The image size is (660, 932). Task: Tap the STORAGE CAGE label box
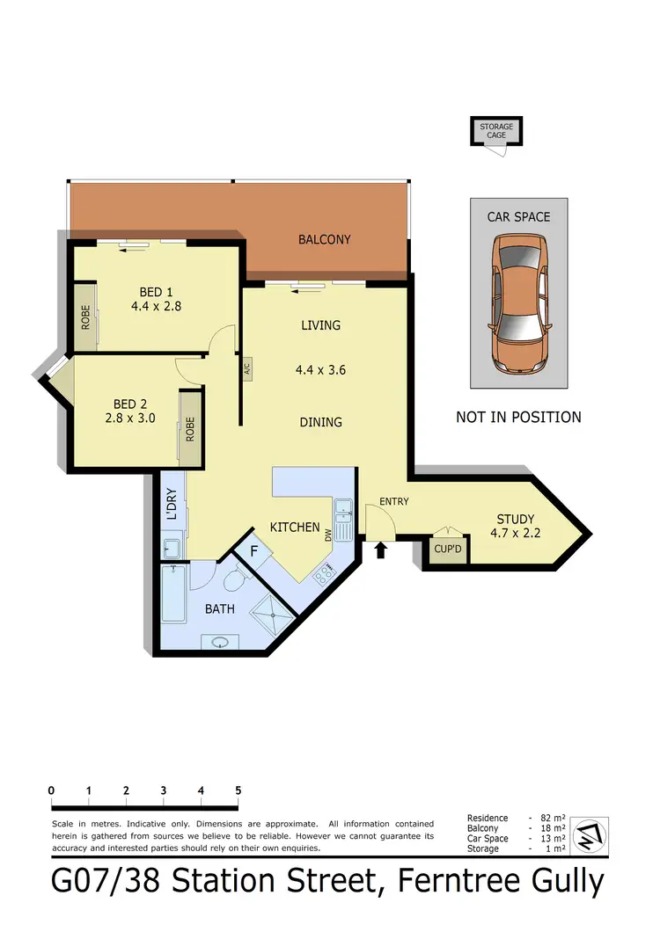click(x=496, y=131)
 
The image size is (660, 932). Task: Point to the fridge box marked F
click(x=254, y=552)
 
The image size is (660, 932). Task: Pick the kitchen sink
click(x=342, y=508)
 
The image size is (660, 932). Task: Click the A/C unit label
click(x=248, y=369)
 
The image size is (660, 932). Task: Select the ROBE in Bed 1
click(x=85, y=316)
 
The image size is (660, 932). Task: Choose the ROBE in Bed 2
click(x=189, y=428)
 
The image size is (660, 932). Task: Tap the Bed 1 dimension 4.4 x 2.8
click(x=154, y=307)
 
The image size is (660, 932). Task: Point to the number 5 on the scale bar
click(x=238, y=790)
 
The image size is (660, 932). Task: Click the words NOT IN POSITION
click(x=518, y=417)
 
